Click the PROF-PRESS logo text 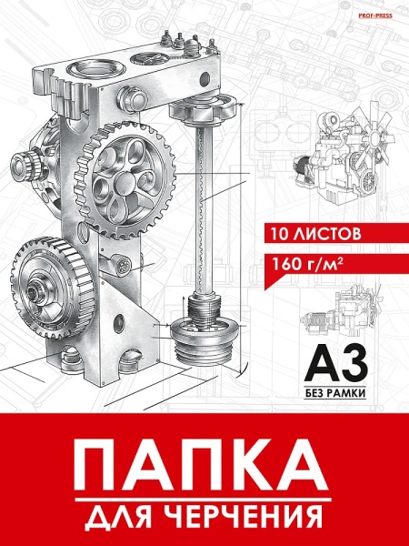point(374,15)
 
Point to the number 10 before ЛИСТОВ point(280,234)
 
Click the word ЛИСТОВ point(326,234)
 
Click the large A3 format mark point(335,363)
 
